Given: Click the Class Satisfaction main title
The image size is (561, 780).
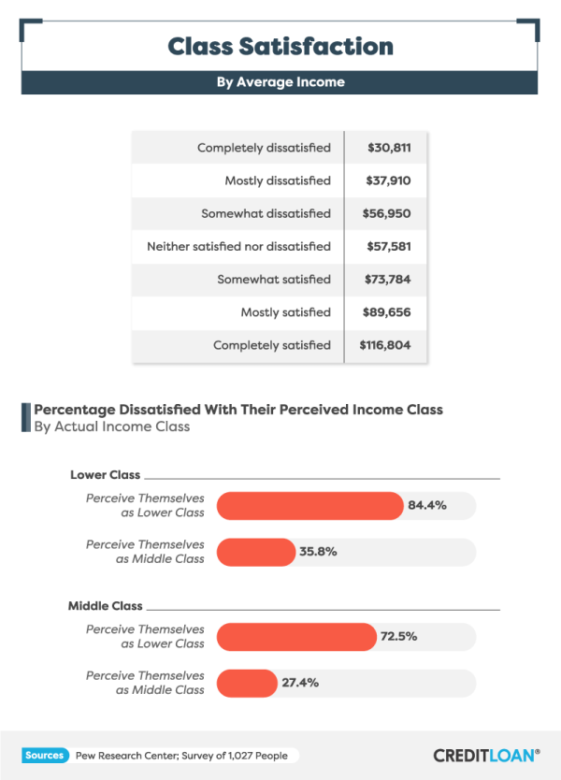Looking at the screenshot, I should [x=280, y=46].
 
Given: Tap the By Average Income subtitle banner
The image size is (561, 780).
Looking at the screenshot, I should [x=280, y=82].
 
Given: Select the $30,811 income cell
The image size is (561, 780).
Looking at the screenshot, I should [x=386, y=148].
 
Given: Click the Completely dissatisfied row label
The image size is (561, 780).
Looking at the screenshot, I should [x=264, y=148].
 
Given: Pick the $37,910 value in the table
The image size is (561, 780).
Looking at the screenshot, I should [x=386, y=181].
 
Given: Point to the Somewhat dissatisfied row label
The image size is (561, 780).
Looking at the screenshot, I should [x=266, y=213].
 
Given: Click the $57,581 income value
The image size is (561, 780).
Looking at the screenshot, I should [x=386, y=246].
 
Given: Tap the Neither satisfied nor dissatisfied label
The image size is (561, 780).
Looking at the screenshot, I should [x=238, y=246].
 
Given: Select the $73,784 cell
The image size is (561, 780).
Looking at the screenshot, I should [x=386, y=279].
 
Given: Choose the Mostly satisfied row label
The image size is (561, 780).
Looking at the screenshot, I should [x=285, y=312].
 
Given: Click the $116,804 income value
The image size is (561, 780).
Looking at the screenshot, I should [x=384, y=345].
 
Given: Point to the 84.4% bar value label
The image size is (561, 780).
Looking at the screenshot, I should [x=427, y=505].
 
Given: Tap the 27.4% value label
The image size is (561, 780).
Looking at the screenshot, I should [x=300, y=683].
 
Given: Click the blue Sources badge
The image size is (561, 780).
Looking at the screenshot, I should [x=44, y=755].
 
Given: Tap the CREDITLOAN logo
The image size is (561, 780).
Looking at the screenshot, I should [x=486, y=755].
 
